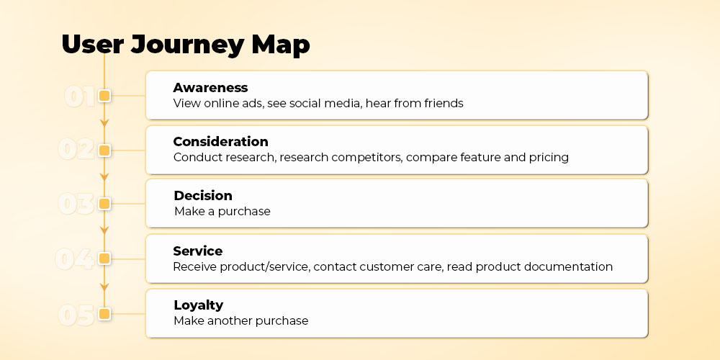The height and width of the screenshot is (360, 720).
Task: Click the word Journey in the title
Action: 187,45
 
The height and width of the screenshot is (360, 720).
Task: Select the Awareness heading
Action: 210,88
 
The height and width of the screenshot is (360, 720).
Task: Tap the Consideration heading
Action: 220,141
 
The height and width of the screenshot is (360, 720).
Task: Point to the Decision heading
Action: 203,196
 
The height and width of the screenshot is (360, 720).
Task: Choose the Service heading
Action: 198,251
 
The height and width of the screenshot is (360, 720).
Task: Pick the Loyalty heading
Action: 199,305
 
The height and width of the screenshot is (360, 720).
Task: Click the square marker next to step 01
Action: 104,96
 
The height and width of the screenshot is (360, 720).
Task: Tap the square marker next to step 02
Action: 104,150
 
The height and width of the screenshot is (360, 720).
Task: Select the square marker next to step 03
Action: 104,204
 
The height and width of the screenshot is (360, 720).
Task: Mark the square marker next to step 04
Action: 104,259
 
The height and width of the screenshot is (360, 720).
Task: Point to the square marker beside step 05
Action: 104,314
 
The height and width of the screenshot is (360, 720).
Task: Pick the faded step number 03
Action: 76,204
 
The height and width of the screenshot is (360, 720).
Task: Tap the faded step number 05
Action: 76,315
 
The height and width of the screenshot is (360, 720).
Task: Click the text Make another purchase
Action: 241,320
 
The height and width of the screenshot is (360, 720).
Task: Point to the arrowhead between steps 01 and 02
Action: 104,123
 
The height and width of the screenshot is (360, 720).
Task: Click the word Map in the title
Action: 281,45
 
